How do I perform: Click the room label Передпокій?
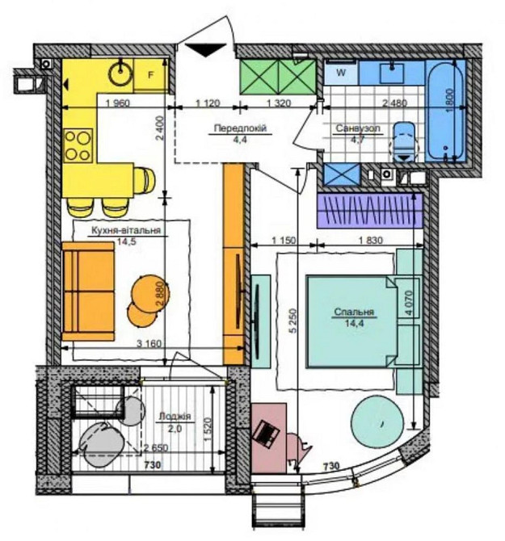240,128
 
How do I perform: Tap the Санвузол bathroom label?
358,128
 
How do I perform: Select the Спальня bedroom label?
354,312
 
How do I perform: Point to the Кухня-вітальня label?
126,230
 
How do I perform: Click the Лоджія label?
175,417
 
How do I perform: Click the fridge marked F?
150,75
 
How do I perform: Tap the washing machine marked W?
341,73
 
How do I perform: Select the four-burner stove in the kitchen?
78,146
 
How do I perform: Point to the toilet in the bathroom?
404,142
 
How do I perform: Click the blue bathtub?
445,111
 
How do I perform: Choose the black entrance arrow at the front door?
206,50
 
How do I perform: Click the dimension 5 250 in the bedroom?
293,321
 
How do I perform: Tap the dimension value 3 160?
149,344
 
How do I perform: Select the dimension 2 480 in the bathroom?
394,103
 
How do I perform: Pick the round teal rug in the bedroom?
377,422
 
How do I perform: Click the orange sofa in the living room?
88,291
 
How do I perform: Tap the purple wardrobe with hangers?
370,211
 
